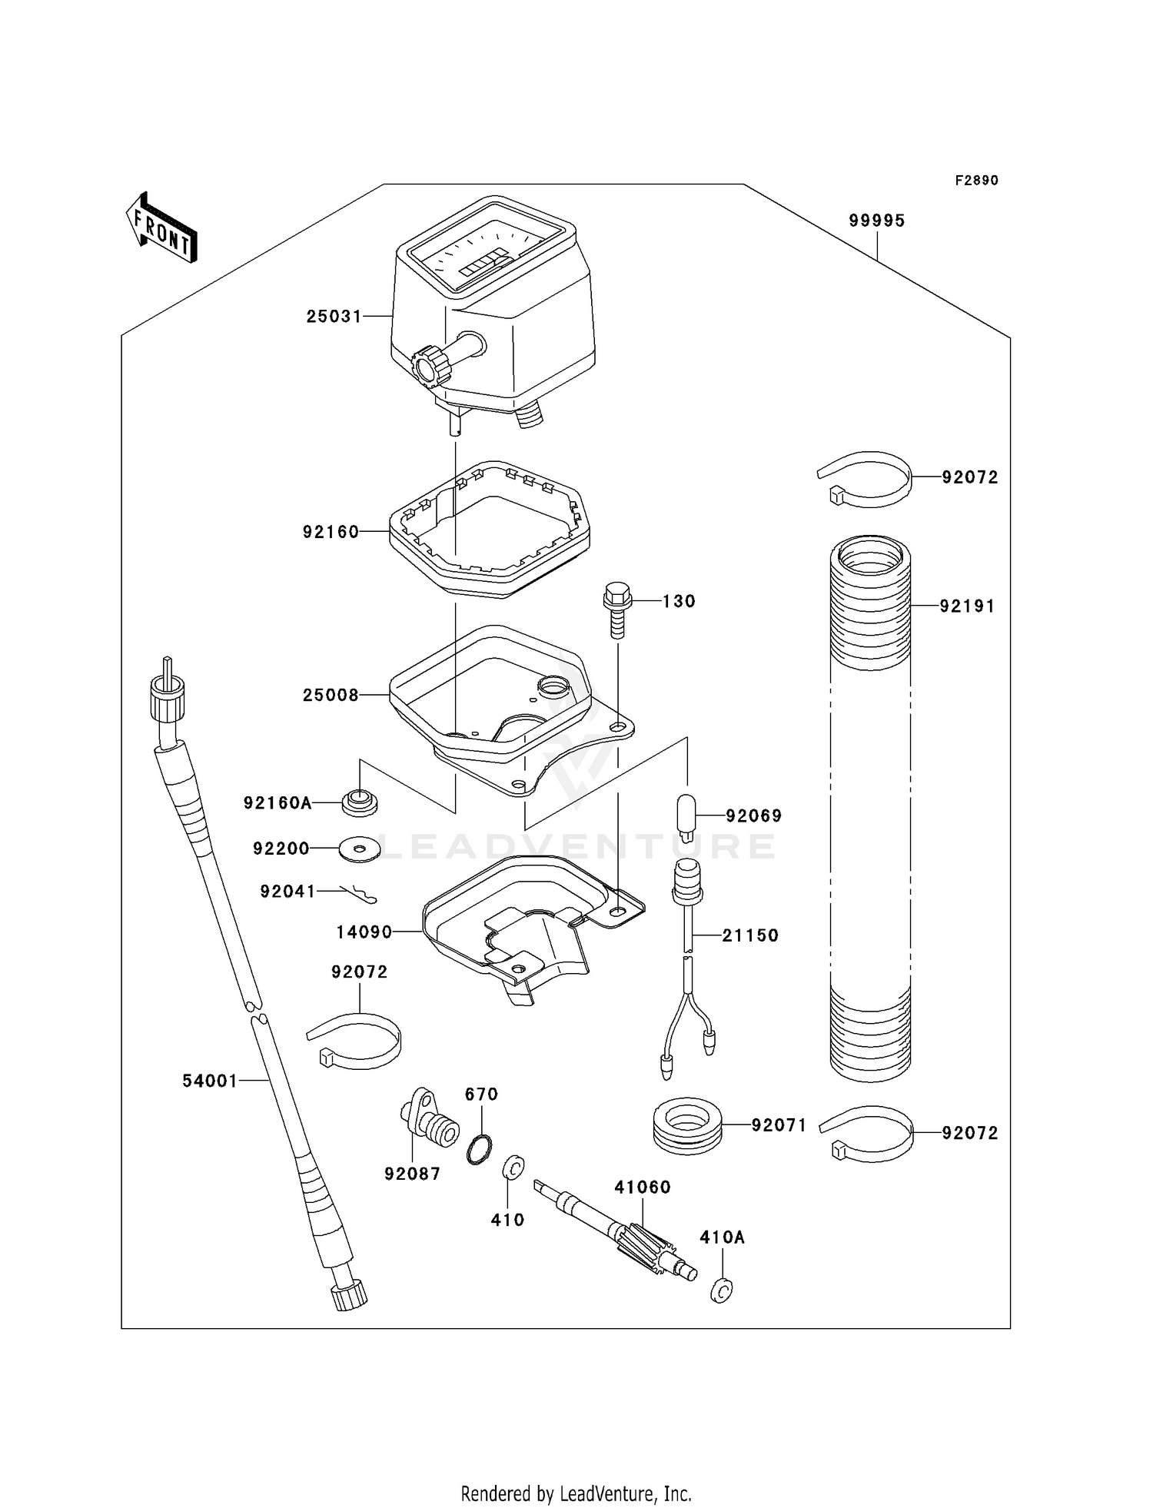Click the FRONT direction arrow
tap(161, 228)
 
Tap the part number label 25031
tap(334, 316)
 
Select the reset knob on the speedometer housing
tap(430, 365)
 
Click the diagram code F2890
tap(976, 181)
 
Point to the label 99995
tap(877, 221)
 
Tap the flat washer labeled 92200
tap(359, 849)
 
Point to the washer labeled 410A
tap(720, 1291)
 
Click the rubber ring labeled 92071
tap(687, 1126)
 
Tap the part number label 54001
tap(210, 1081)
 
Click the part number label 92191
tap(967, 606)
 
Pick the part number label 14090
tap(364, 932)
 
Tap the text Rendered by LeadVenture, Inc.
tap(576, 1493)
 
